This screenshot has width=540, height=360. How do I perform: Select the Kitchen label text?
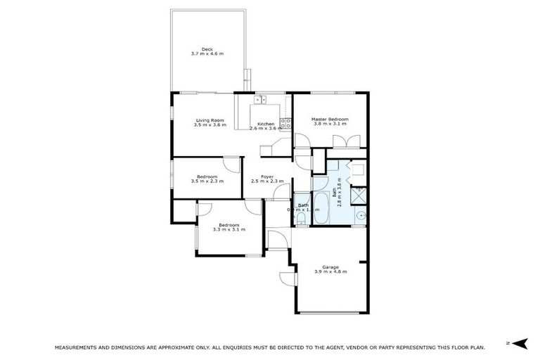pyautogui.click(x=266, y=124)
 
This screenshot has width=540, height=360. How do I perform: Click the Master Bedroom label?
pyautogui.click(x=330, y=120)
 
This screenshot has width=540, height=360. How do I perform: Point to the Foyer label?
pyautogui.click(x=266, y=176)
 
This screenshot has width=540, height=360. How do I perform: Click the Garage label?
pyautogui.click(x=330, y=266)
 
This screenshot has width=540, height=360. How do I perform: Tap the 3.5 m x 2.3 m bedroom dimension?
pyautogui.click(x=207, y=181)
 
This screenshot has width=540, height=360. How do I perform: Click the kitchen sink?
pyautogui.click(x=261, y=100)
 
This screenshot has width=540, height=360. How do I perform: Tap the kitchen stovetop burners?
pyautogui.click(x=284, y=123)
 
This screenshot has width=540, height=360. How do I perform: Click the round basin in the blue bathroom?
pyautogui.click(x=361, y=216)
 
